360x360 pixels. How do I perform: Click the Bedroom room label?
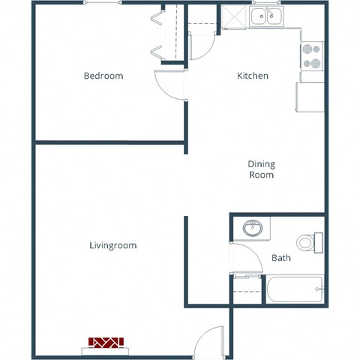pyautogui.click(x=103, y=76)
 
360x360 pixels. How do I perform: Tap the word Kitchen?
pyautogui.click(x=253, y=76)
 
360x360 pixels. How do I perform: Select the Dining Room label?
pyautogui.click(x=261, y=169)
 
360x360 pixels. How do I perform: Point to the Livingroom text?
pyautogui.click(x=112, y=245)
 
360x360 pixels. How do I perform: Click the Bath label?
pyautogui.click(x=281, y=258)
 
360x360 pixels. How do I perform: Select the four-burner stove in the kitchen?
pyautogui.click(x=311, y=56)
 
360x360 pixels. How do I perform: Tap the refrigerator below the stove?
pyautogui.click(x=310, y=97)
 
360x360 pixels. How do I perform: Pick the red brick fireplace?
pyautogui.click(x=106, y=343)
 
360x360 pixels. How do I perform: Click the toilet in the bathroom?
pyautogui.click(x=307, y=242)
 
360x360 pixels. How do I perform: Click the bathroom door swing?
pyautogui.click(x=241, y=259)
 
